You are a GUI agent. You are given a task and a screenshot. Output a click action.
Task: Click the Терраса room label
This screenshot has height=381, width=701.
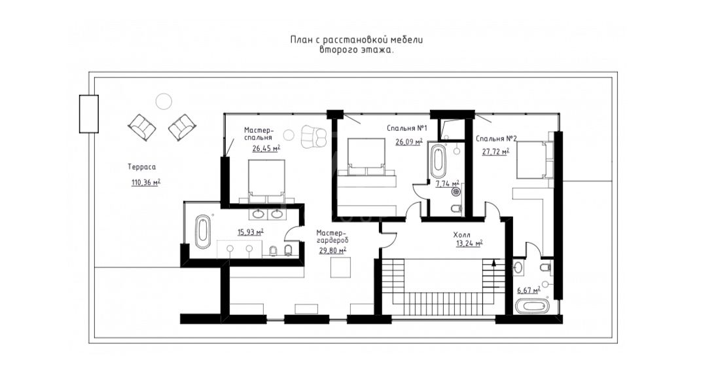tap(142, 167)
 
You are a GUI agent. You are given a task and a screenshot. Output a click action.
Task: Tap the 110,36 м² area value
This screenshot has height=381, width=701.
tap(146, 182)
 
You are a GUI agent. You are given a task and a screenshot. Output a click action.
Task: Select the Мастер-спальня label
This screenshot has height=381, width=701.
tap(259, 134)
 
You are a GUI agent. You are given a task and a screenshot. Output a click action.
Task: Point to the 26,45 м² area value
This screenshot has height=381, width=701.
tap(266, 148)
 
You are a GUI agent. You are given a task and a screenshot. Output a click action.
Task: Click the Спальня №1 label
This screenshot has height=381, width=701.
tap(407, 128)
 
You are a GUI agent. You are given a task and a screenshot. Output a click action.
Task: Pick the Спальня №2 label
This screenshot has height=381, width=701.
tap(496, 139)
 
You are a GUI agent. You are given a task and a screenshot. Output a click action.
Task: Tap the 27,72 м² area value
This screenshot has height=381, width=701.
tap(495, 152)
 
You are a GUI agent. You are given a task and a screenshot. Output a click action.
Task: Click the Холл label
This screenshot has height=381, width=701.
tap(462, 235)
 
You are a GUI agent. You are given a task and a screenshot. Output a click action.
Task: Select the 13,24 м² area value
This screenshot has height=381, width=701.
tap(469, 244)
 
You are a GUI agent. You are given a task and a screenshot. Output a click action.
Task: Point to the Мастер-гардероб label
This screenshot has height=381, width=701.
tap(332, 236)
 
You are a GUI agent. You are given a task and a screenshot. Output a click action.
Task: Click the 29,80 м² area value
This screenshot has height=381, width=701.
tap(332, 251)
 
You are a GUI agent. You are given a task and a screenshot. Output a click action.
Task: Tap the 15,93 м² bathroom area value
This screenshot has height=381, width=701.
tap(250, 232)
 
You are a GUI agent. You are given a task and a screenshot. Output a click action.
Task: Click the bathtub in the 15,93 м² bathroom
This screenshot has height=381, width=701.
tap(204, 232)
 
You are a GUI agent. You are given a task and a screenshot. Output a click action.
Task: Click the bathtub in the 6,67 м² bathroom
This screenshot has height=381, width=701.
tap(532, 307)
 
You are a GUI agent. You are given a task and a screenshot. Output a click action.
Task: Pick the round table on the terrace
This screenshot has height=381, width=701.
tap(164, 101)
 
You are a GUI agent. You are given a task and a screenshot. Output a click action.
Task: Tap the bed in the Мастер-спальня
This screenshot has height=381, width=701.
tap(266, 179)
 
